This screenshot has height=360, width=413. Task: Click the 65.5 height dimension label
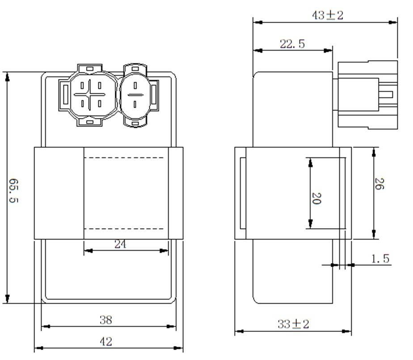tap(14, 191)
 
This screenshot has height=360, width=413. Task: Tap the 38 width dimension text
tap(106, 320)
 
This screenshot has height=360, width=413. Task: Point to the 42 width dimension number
tap(106, 342)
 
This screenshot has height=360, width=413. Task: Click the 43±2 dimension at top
tap(328, 15)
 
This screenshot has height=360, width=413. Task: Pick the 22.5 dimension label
tap(292, 44)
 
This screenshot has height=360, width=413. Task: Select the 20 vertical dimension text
tap(316, 198)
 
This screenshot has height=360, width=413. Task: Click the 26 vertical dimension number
tap(379, 184)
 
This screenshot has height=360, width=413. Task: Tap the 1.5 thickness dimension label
tap(380, 259)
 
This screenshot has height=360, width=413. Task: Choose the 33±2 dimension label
tap(293, 324)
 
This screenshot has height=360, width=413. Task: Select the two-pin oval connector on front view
tap(135, 95)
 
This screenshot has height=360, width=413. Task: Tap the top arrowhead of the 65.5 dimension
tap(7, 76)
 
